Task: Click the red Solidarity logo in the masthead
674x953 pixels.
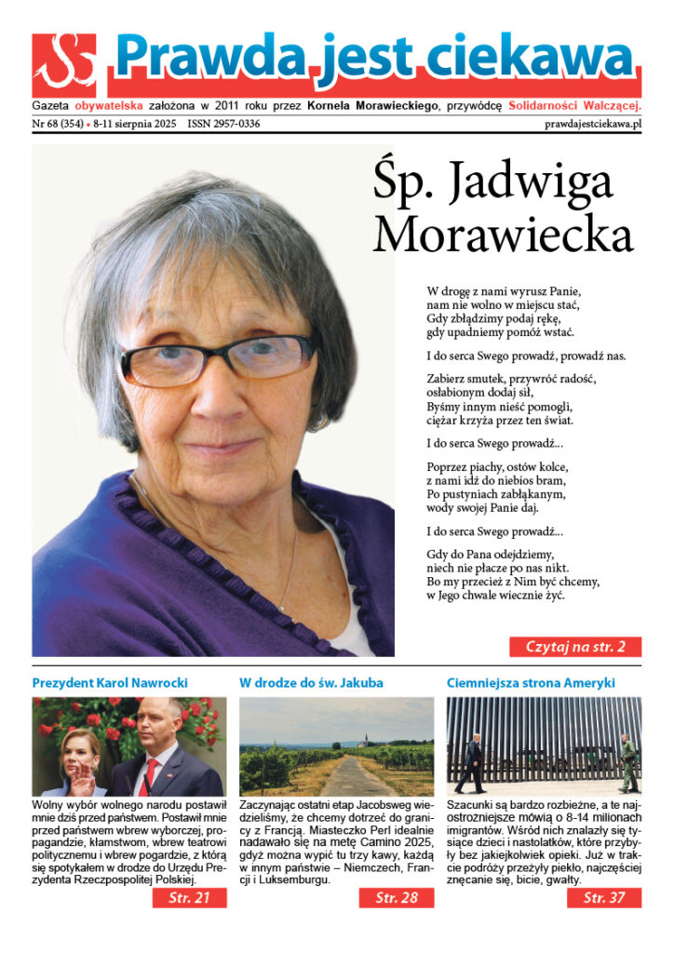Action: point(64,65)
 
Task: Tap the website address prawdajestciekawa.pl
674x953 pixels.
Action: point(593,124)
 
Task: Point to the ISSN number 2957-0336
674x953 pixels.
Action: point(223,124)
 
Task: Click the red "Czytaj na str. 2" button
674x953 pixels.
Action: point(574,647)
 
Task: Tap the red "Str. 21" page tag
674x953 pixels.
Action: point(190,898)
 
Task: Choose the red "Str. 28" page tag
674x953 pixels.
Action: point(396,898)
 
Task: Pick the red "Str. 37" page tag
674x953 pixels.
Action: point(602,898)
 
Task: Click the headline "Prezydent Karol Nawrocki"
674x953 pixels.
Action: point(110,683)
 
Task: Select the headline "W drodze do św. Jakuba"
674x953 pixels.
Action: point(311,683)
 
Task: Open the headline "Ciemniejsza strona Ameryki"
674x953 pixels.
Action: point(531,683)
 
